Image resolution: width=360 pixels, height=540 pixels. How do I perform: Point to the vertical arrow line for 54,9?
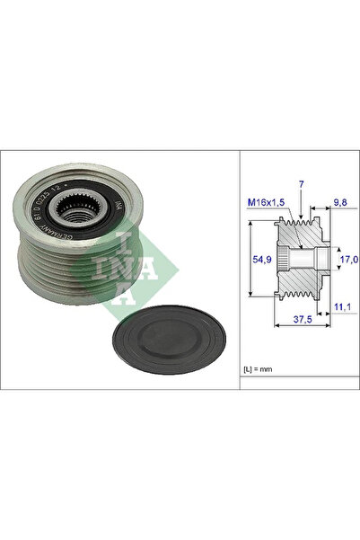[x=248, y=261]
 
